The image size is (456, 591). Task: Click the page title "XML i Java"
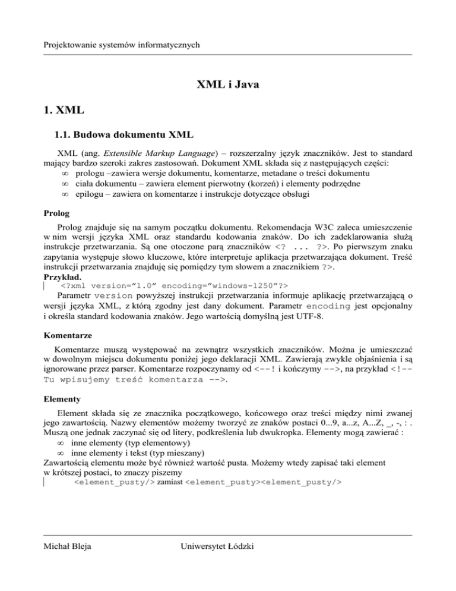[x=228, y=86]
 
